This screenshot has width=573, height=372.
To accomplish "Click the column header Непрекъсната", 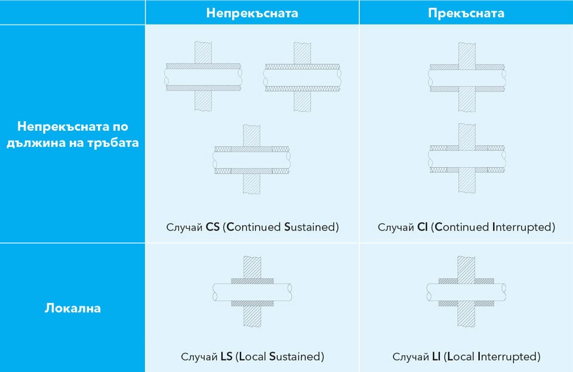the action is (x=252, y=13).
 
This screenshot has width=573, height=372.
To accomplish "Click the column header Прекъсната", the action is (x=466, y=13).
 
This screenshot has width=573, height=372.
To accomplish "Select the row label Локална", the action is (x=73, y=308).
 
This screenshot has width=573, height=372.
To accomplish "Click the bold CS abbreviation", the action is (x=212, y=227).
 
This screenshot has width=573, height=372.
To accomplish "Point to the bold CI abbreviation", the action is (x=423, y=227).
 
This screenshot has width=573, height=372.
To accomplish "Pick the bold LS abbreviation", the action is (x=227, y=356).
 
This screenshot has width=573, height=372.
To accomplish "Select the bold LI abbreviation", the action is (x=436, y=356).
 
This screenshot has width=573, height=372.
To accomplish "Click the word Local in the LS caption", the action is (x=252, y=356).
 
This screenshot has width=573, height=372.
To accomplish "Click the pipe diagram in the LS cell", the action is (x=252, y=291).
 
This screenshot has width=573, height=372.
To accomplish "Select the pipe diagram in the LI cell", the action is (x=466, y=291).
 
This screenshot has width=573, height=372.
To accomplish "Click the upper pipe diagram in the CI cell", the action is (x=467, y=77).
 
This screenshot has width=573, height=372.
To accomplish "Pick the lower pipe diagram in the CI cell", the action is (x=467, y=158).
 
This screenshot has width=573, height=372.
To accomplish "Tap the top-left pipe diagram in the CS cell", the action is (x=203, y=76).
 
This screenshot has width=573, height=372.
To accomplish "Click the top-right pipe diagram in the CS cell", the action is (x=302, y=77).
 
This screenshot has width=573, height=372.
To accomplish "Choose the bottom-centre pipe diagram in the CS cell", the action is (x=252, y=159).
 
